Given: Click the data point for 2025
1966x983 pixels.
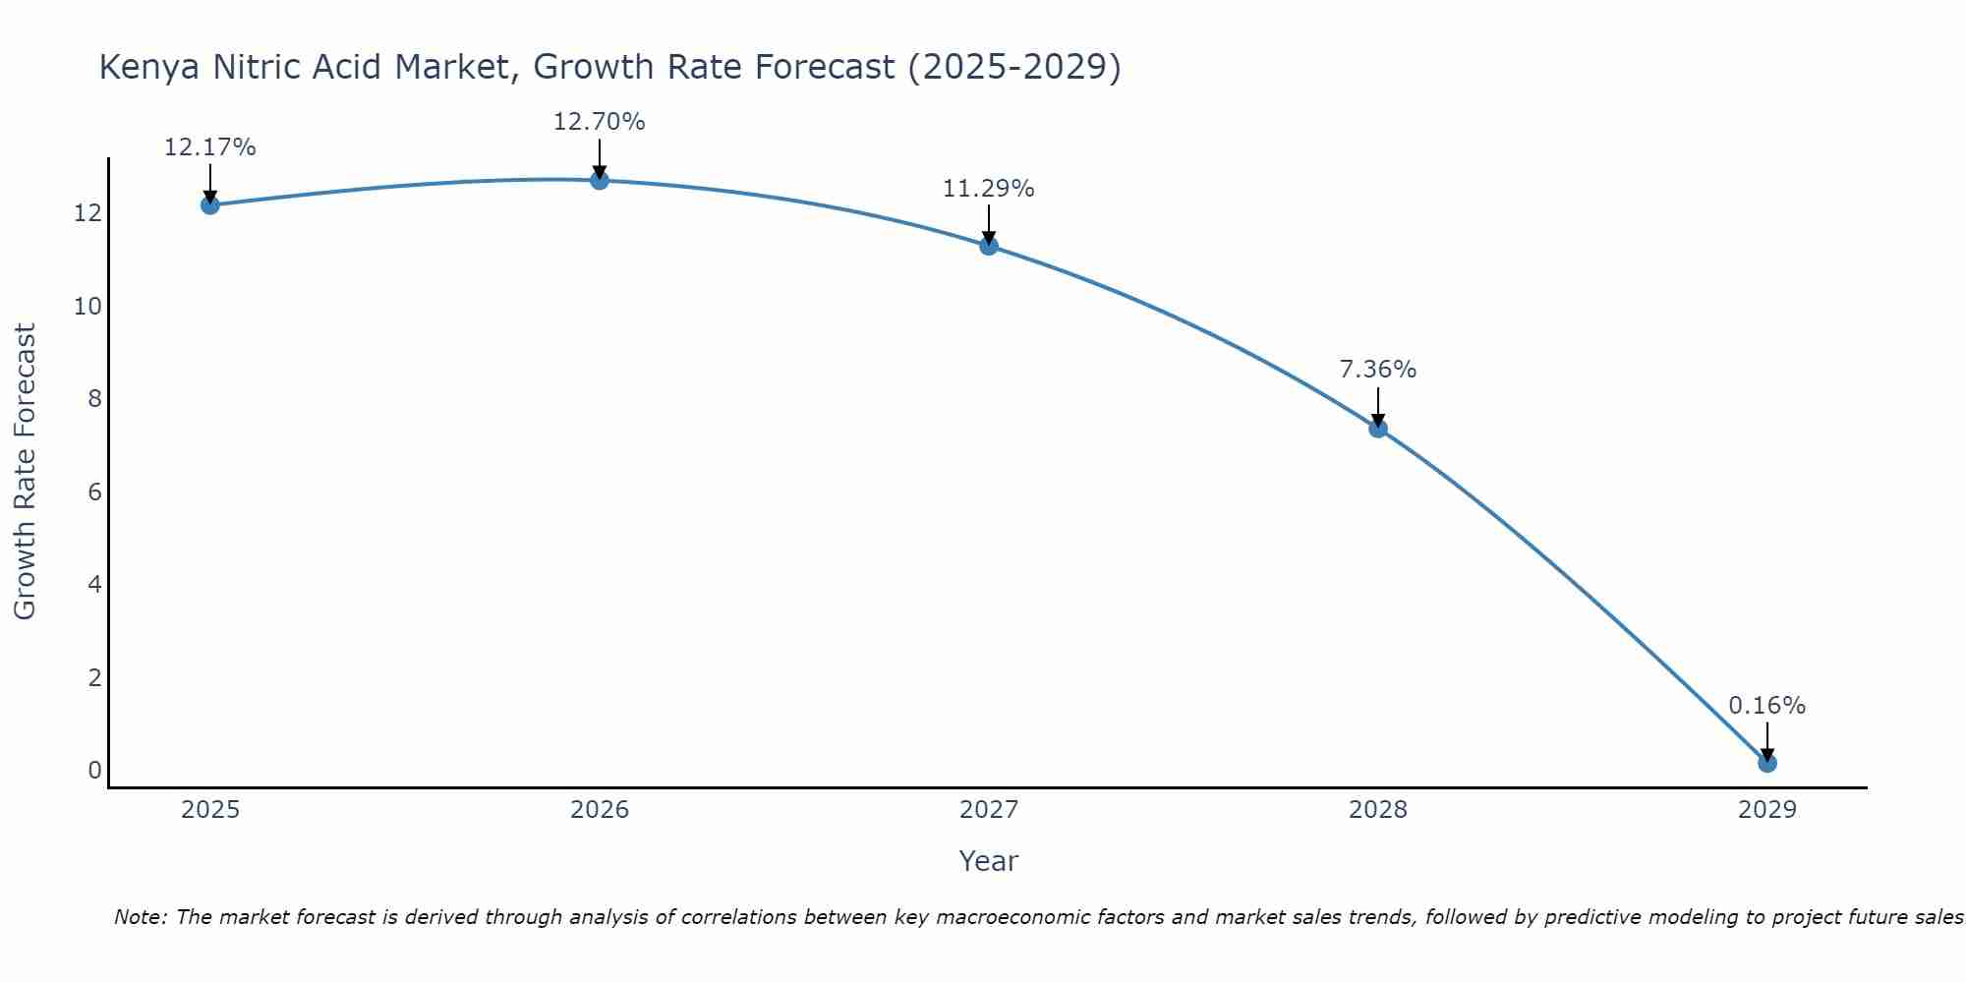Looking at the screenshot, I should click(209, 204).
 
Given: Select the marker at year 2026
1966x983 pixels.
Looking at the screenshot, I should click(600, 180).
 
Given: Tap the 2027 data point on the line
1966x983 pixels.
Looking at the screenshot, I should click(989, 246).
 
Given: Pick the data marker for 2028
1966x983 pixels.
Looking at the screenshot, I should click(1378, 428).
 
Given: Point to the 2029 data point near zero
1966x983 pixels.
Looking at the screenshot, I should click(1767, 763).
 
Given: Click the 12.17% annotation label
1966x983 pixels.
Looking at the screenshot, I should click(209, 147).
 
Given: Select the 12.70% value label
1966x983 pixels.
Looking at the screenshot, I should click(600, 122).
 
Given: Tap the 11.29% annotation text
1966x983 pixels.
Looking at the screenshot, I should click(989, 188).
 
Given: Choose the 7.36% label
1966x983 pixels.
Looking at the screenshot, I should click(1378, 370).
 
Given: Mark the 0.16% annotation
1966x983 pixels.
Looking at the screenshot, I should click(1767, 706).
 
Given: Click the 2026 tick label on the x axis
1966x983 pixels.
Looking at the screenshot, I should click(600, 810).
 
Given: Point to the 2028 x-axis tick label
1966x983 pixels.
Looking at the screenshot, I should click(1378, 810).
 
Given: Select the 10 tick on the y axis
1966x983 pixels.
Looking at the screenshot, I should click(87, 307).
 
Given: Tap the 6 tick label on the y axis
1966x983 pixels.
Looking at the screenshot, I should click(94, 492).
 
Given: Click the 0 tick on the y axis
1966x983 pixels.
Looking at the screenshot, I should click(94, 771).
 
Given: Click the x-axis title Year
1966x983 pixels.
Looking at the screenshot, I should click(989, 861).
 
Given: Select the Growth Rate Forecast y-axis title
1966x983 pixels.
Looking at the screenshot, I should click(25, 472).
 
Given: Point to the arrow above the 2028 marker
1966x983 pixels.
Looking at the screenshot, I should click(1378, 405).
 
